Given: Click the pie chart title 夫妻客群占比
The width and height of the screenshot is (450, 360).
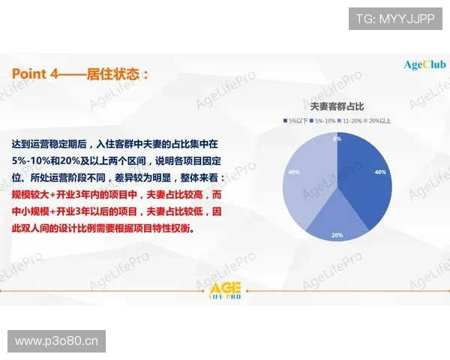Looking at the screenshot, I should [x=337, y=107].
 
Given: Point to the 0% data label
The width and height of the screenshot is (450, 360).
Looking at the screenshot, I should [x=337, y=139].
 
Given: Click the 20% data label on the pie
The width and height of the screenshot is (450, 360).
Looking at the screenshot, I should [x=337, y=235].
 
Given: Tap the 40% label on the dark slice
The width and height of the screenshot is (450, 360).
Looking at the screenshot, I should [x=380, y=172].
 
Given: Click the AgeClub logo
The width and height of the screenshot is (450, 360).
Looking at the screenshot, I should [x=424, y=64].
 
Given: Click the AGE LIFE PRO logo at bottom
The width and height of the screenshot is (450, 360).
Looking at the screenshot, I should [x=225, y=292].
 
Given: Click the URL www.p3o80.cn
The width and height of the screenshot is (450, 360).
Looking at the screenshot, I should [x=57, y=341].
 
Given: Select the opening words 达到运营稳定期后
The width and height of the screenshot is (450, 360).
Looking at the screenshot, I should [x=46, y=142].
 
